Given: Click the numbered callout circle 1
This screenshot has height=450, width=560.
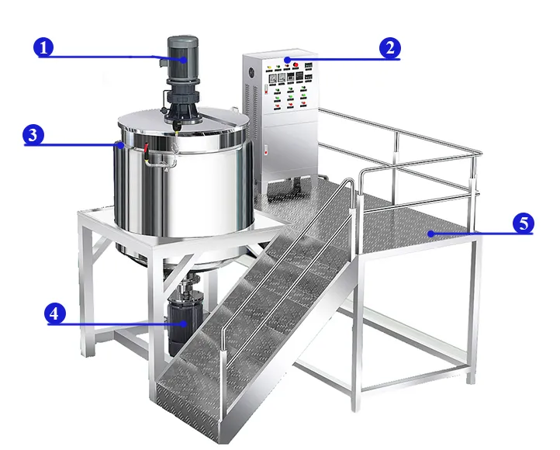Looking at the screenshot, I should point(44,48).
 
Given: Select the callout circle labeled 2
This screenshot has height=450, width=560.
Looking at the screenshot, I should point(389,48).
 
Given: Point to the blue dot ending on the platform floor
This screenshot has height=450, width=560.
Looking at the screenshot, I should point(428,232).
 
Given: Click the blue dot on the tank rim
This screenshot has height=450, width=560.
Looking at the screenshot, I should point(119,144).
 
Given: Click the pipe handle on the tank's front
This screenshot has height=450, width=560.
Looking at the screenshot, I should point(158,159).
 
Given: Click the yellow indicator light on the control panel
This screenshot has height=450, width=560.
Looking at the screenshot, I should point(268,67).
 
